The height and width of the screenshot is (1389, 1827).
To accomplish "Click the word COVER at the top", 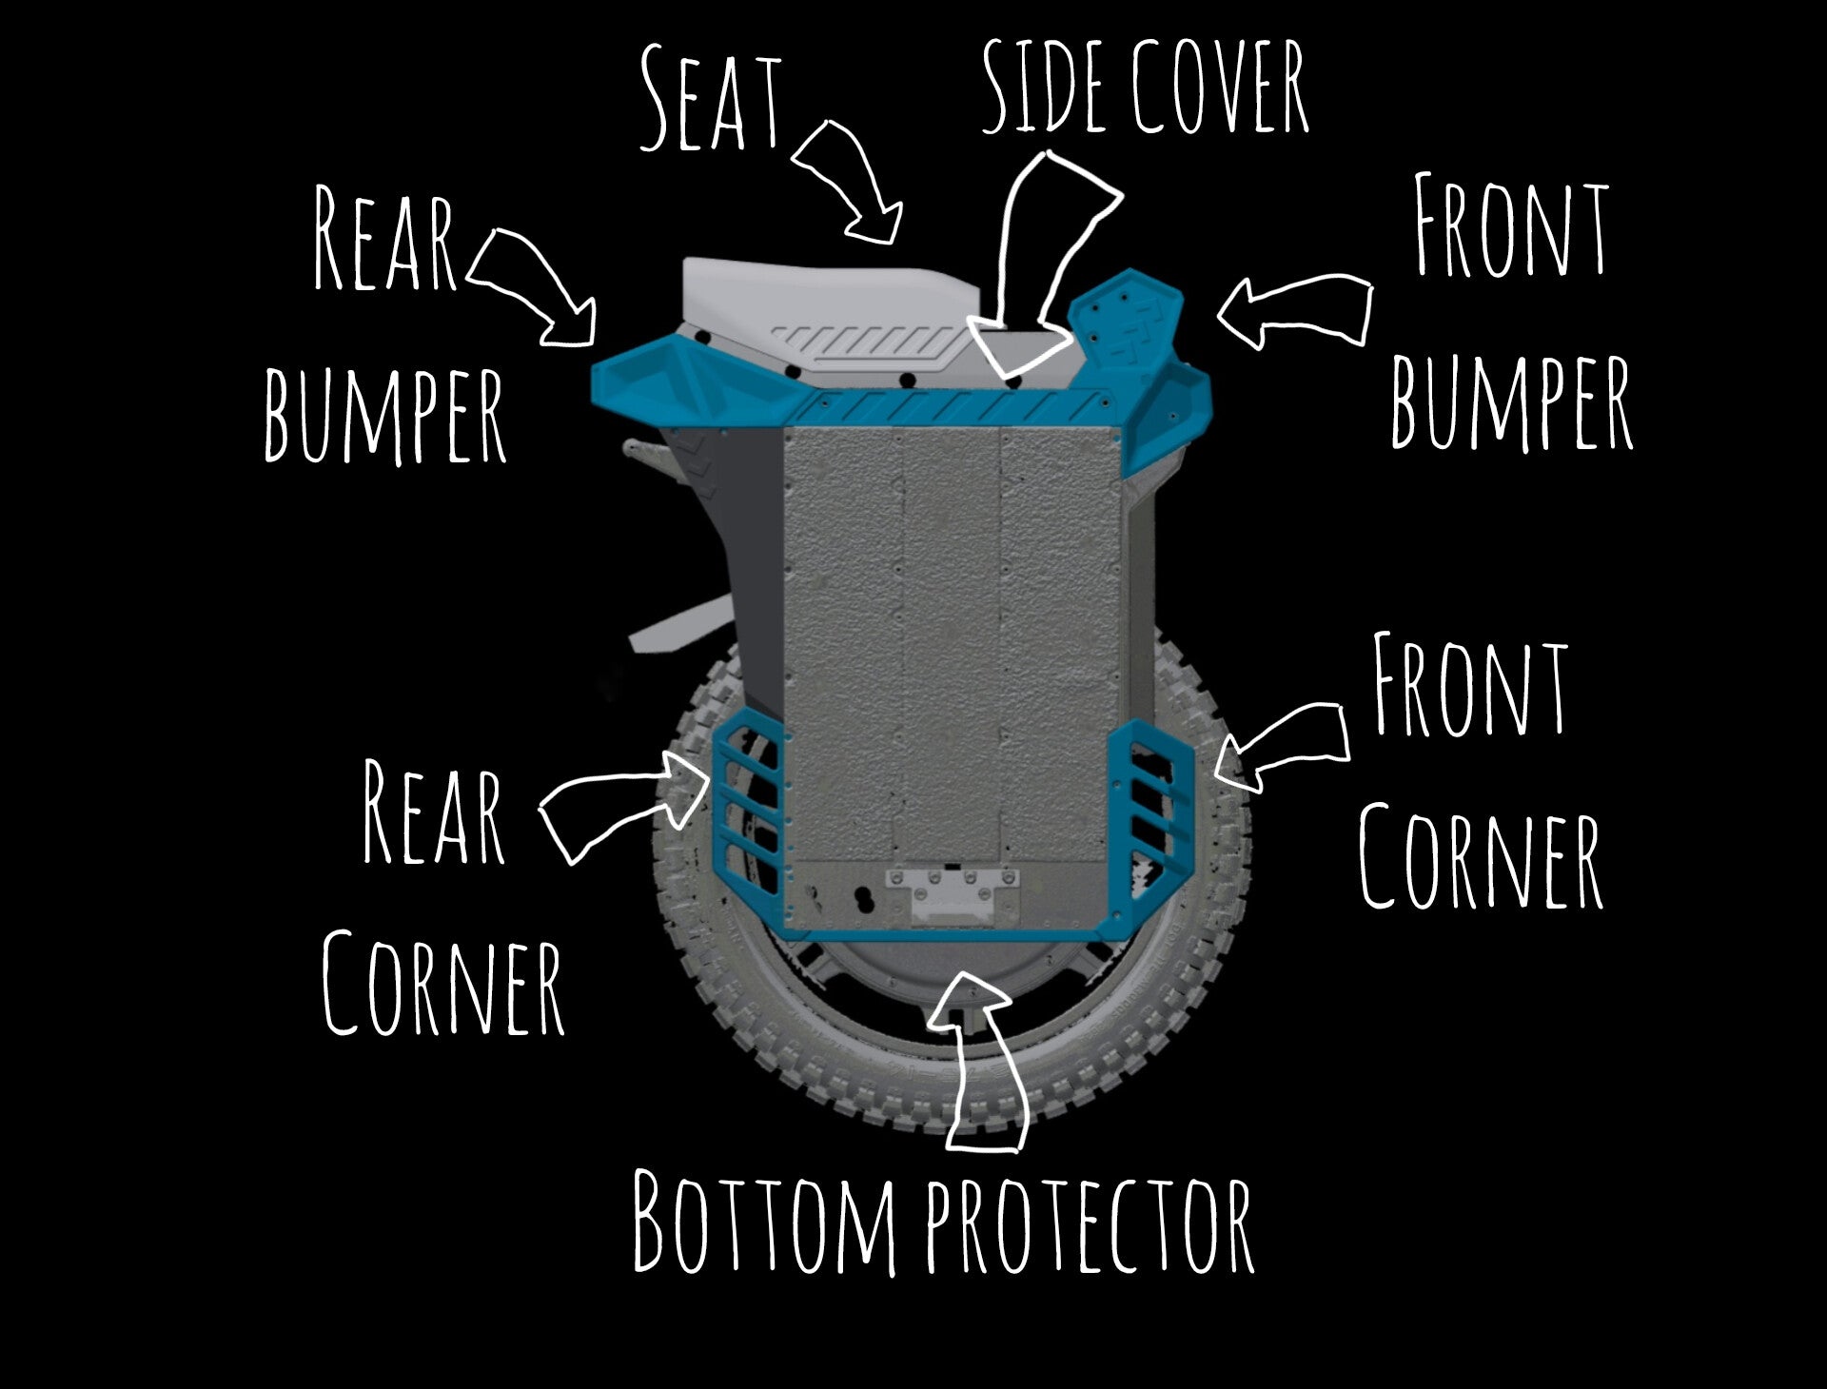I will [1220, 88].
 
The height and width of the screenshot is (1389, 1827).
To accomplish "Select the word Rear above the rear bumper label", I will [385, 240].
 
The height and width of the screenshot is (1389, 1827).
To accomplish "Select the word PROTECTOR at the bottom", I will [1090, 1225].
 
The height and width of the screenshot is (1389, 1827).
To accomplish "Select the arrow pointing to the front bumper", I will [1294, 310].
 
